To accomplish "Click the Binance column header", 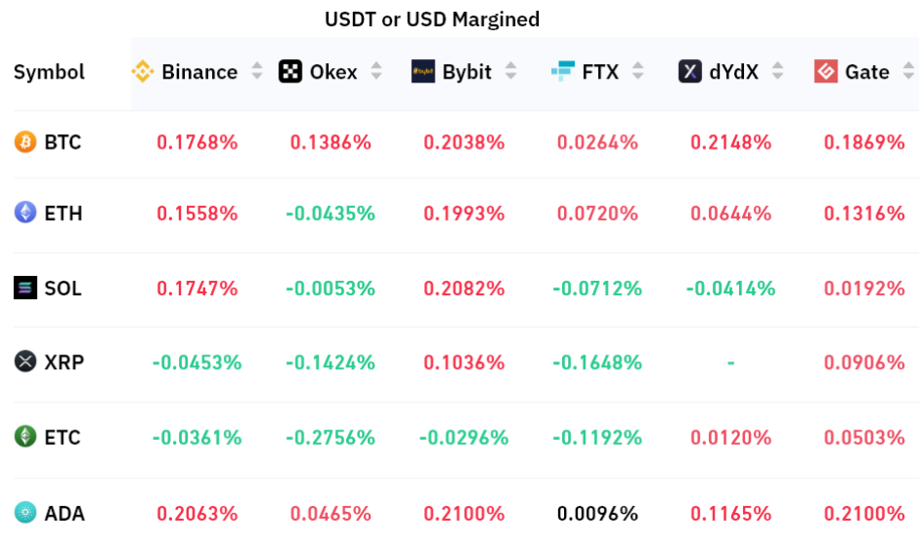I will pyautogui.click(x=198, y=72).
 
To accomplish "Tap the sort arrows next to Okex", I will pyautogui.click(x=376, y=72).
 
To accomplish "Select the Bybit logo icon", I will pyautogui.click(x=423, y=72).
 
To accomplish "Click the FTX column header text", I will pyautogui.click(x=600, y=72).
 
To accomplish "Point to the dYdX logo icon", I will pyautogui.click(x=690, y=72).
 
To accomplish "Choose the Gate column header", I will pyautogui.click(x=866, y=72).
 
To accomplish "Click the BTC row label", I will pyautogui.click(x=62, y=143).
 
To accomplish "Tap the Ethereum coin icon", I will pyautogui.click(x=25, y=213).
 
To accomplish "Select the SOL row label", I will pyautogui.click(x=62, y=288).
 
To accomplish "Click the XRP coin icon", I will pyautogui.click(x=25, y=362).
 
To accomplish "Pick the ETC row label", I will pyautogui.click(x=62, y=437).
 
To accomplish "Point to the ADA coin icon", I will pyautogui.click(x=25, y=513).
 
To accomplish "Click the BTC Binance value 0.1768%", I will pyautogui.click(x=197, y=143).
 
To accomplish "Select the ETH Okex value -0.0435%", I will pyautogui.click(x=330, y=213).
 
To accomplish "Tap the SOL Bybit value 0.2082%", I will pyautogui.click(x=464, y=288).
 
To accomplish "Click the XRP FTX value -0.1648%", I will pyautogui.click(x=597, y=362).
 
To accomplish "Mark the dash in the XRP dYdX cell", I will pyautogui.click(x=730, y=362).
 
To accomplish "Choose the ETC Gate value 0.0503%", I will pyautogui.click(x=865, y=437).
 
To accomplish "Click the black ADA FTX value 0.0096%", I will pyautogui.click(x=597, y=513).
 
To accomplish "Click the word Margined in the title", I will pyautogui.click(x=492, y=19).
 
